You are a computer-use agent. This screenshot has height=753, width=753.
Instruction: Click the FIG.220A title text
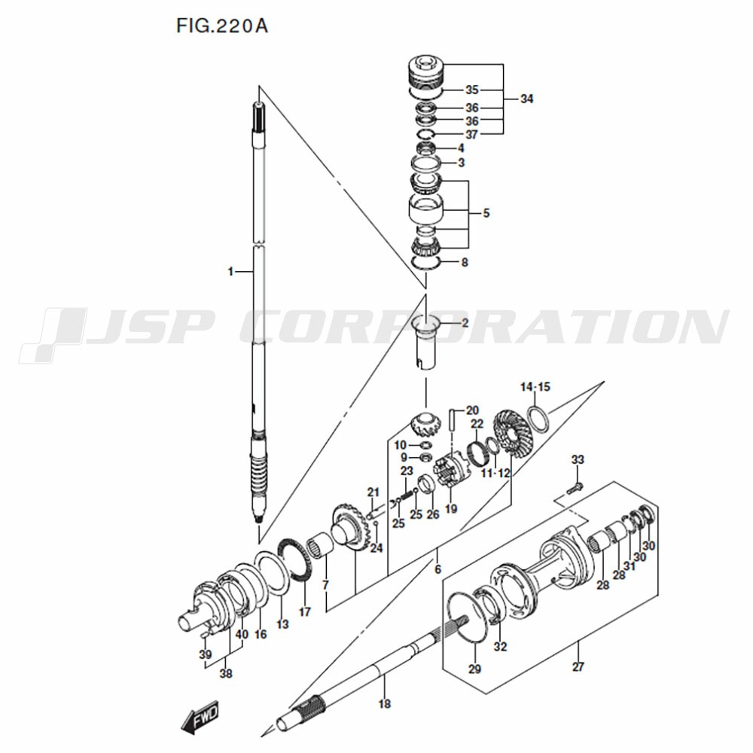click(222, 26)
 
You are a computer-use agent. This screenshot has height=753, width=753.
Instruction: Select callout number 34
click(527, 99)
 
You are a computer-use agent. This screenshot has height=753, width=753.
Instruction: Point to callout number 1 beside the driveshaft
click(230, 272)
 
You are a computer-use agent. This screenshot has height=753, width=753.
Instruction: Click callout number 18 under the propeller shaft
click(384, 704)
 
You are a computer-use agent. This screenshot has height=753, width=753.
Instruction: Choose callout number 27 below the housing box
click(578, 667)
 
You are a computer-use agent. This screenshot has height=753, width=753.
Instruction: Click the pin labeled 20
click(451, 420)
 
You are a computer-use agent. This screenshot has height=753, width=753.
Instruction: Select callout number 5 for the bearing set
click(486, 213)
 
